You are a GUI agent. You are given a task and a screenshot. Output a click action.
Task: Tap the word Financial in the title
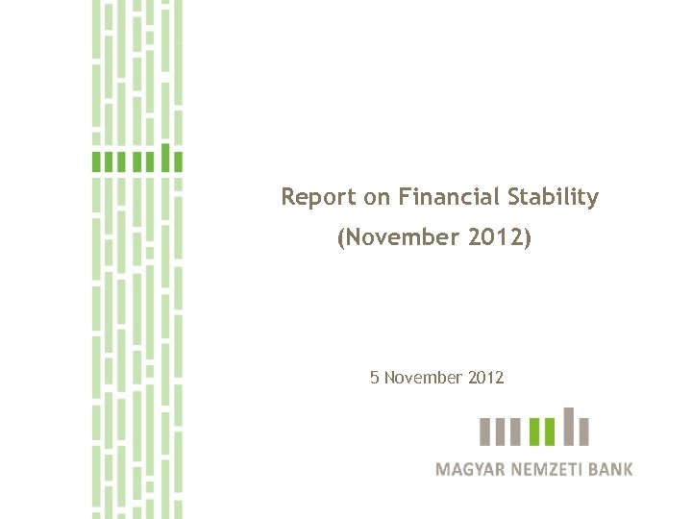[449, 198]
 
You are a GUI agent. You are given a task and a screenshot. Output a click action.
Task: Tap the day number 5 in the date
[374, 378]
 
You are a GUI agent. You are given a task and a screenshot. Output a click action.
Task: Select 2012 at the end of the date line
[486, 378]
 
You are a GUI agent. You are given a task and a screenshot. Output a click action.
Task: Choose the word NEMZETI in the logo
[548, 470]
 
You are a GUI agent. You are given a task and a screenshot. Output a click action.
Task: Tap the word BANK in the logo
[612, 470]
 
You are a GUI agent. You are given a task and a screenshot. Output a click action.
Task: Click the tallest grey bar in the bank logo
[568, 427]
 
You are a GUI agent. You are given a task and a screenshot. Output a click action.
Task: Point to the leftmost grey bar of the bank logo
[485, 432]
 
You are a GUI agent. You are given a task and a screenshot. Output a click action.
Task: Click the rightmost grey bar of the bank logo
[584, 432]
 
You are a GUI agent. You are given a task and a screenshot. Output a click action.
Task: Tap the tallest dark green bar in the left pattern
[165, 158]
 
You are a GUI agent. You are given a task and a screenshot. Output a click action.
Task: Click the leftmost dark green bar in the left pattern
[96, 161]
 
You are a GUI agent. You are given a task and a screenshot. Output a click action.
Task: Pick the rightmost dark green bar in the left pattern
[178, 161]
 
